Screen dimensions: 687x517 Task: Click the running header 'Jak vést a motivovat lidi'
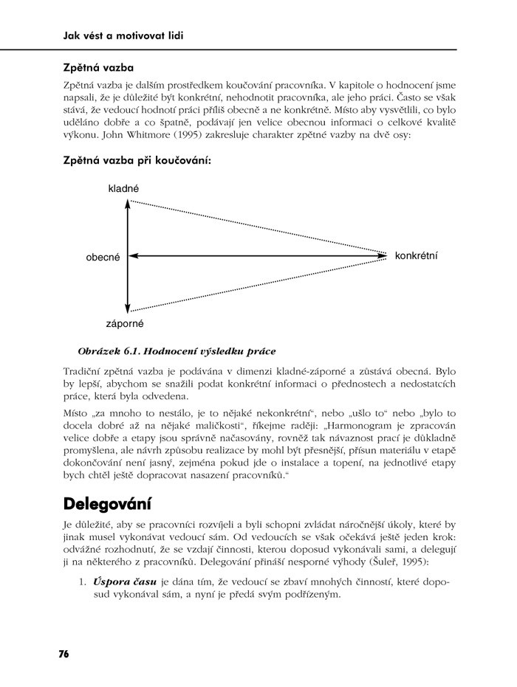coord(123,35)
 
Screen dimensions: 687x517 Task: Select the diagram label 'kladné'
coord(123,189)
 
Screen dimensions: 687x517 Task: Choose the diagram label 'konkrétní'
coord(417,255)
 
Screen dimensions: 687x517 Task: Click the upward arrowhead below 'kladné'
coord(129,203)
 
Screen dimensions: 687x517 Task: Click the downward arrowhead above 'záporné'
coord(129,308)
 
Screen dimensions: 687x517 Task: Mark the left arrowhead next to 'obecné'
coord(134,256)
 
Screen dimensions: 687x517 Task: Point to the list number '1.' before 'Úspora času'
coord(83,581)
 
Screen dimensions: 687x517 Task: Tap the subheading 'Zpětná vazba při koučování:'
coord(137,159)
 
